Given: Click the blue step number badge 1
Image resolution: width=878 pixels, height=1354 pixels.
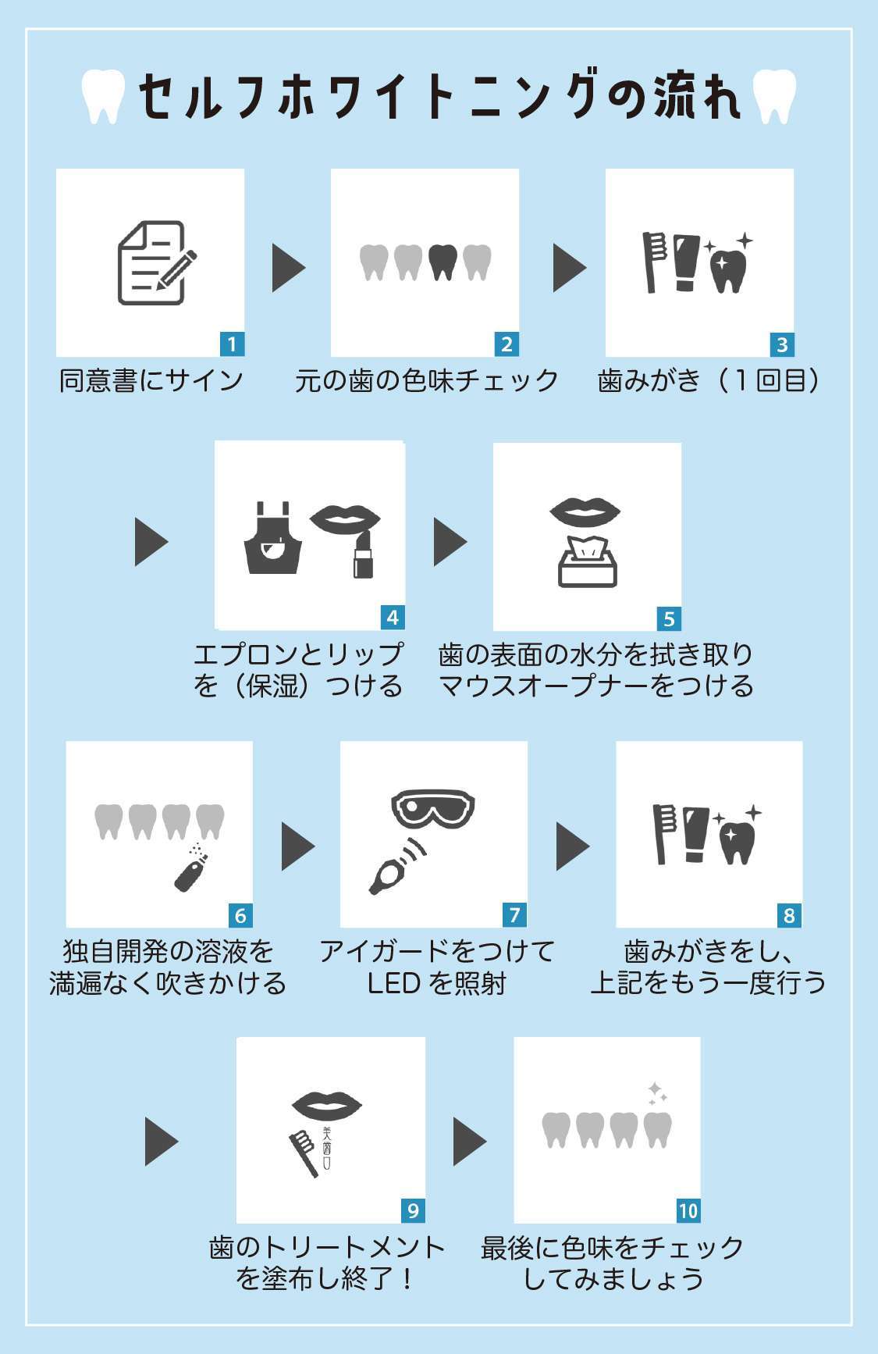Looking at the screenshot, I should (232, 344).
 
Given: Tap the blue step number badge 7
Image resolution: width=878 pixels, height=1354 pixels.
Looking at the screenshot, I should (514, 914).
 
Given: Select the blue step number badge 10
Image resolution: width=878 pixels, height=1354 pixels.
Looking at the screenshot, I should (688, 1210).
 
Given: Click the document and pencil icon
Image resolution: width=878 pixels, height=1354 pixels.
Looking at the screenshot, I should (155, 263).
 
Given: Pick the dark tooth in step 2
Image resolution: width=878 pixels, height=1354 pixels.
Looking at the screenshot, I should (443, 262).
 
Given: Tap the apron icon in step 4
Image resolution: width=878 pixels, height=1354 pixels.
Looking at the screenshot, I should (272, 540).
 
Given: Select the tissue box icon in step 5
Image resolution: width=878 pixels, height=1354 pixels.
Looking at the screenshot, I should (588, 562).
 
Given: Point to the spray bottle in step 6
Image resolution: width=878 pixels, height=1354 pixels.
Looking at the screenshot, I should (190, 871).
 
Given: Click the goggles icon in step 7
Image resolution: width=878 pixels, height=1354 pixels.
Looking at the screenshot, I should (433, 807).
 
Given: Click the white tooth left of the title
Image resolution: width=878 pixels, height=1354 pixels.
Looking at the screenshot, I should (104, 96).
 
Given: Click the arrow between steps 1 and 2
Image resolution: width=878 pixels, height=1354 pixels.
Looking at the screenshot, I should (287, 268).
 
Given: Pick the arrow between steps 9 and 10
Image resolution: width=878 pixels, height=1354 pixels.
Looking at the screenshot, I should (469, 1142).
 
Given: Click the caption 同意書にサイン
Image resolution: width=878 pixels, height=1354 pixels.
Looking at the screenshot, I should (152, 381).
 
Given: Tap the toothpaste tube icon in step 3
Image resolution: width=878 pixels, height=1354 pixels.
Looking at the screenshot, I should (686, 262).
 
